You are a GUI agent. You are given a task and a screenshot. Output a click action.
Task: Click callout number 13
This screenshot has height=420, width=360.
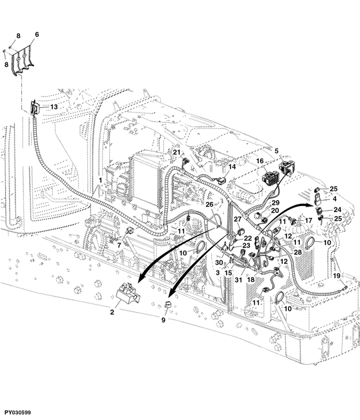(54, 107)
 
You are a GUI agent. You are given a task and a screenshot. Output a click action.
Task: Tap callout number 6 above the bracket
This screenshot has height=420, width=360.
(37, 35)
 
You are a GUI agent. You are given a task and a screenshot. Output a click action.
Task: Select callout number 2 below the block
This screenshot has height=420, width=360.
(112, 312)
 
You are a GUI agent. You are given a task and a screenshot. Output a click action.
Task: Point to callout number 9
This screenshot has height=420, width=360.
(163, 320)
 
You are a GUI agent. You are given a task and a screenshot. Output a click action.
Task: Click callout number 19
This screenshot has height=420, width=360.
(337, 275)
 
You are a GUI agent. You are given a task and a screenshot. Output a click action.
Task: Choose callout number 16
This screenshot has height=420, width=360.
(260, 161)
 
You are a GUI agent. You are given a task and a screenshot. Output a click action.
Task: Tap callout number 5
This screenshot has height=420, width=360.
(277, 151)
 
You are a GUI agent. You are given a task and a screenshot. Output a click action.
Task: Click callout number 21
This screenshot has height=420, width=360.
(177, 153)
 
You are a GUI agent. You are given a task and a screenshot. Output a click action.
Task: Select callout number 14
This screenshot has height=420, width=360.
(232, 167)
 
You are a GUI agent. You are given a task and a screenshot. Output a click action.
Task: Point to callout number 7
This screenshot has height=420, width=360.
(119, 245)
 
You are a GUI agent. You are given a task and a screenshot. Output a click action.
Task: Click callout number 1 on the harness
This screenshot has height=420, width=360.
(101, 180)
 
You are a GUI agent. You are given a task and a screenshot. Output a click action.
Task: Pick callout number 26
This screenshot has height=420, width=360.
(209, 205)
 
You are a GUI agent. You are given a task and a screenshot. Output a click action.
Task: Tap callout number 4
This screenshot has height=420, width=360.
(335, 199)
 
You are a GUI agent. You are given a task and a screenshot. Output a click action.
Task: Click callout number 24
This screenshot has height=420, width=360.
(337, 210)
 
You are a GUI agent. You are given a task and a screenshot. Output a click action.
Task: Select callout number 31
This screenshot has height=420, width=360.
(239, 279)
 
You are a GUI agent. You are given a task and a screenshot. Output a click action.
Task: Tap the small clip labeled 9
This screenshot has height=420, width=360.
(168, 304)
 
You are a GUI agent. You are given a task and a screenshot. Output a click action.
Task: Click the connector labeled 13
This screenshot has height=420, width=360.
(35, 109)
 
